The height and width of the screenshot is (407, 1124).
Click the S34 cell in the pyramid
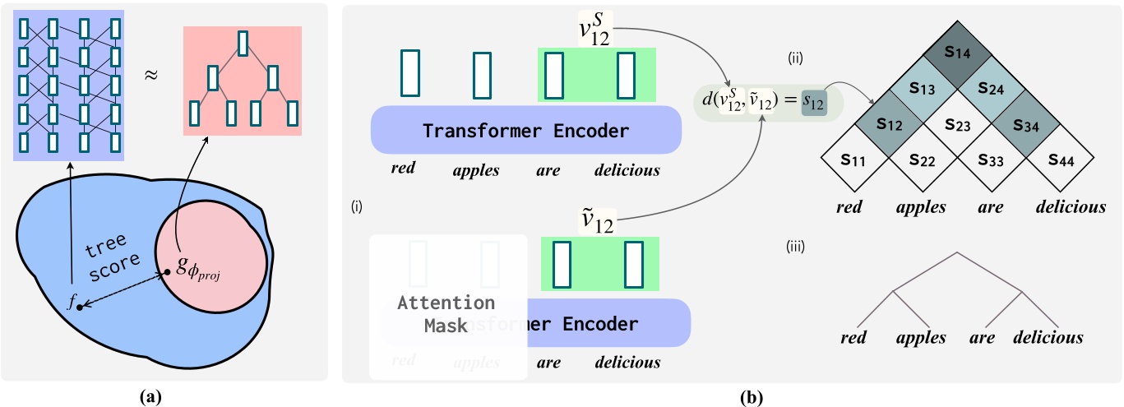pos(1029,126)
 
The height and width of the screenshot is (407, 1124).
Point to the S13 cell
pos(921,89)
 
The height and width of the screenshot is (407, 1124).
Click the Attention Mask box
pos(446,313)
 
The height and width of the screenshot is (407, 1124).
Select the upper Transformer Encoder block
pos(526,131)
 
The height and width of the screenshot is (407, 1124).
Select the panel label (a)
pos(150,397)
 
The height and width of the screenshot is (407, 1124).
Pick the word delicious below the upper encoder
pos(627,170)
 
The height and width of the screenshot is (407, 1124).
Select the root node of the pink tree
pos(243,44)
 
